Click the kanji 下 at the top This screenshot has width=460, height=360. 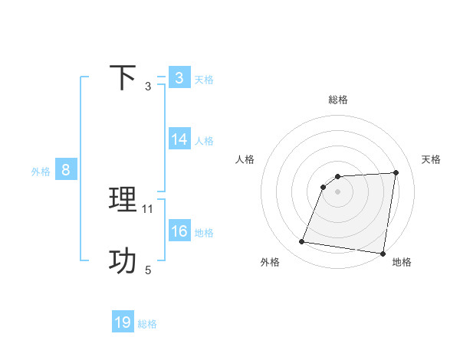(x=123, y=78)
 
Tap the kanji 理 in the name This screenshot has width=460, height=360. (x=123, y=201)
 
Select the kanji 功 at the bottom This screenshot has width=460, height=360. (x=123, y=261)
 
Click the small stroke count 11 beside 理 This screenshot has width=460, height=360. (x=148, y=208)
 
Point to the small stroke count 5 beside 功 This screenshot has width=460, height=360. (x=148, y=270)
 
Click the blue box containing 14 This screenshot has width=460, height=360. (x=179, y=139)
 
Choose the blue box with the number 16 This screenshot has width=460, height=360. (x=179, y=231)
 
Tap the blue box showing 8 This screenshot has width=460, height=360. (x=66, y=170)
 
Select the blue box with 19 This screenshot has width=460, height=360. (x=123, y=322)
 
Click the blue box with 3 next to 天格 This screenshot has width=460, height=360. (x=179, y=78)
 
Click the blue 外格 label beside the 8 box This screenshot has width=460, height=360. (x=41, y=172)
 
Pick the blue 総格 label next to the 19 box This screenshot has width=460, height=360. (x=147, y=324)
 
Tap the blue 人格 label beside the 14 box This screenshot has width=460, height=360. (x=204, y=141)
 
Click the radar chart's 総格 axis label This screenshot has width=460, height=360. (x=338, y=100)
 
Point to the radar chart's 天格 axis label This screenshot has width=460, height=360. (x=431, y=159)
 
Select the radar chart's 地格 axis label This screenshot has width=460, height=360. (x=402, y=262)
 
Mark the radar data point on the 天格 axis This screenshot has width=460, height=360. (x=396, y=173)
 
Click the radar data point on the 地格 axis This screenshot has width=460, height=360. (x=383, y=254)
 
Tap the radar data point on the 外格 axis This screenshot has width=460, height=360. (x=302, y=242)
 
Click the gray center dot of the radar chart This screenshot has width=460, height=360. (x=338, y=191)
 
